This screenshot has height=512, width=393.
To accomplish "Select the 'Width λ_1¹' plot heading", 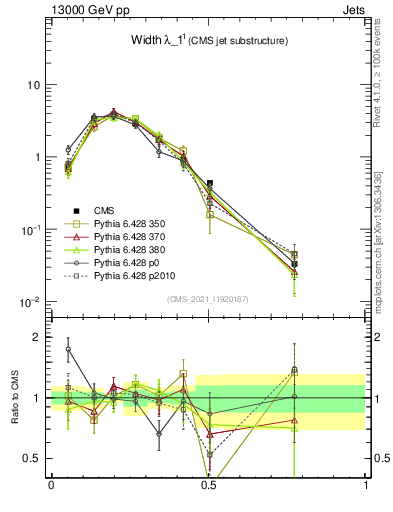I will pos(188,40).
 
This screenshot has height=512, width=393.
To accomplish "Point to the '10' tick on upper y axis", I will pos(33,85).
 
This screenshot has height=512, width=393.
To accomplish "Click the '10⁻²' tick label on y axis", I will pos(30,302).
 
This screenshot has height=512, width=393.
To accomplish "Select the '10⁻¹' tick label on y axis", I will pos(30,230).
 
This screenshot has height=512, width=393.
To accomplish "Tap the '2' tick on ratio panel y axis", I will pos(38,337).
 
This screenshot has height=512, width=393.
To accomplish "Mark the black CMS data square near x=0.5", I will pos(209,184).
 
